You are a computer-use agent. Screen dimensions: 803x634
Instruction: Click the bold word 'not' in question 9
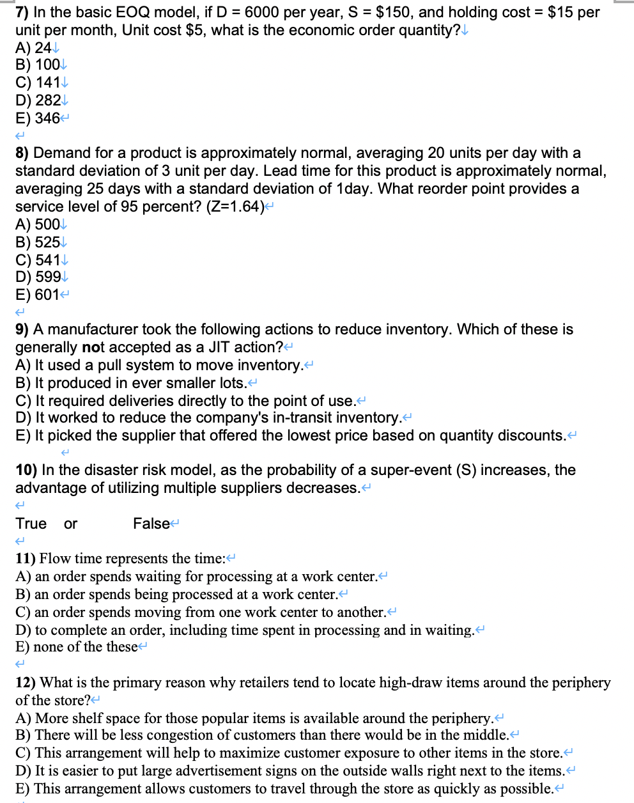(x=93, y=347)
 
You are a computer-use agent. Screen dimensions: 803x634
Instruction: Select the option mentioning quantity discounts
(x=291, y=435)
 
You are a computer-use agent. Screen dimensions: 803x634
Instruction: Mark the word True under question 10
(x=31, y=524)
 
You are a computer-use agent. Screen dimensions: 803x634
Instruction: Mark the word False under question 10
(x=151, y=524)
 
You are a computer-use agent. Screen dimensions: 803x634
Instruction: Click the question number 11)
(x=26, y=558)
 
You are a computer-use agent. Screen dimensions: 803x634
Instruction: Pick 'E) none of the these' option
(x=77, y=646)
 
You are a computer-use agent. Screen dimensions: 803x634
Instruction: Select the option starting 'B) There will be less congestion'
(x=262, y=735)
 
